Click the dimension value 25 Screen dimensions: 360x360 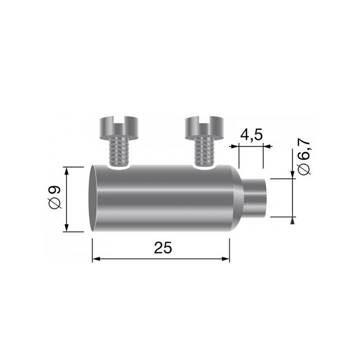[x=163, y=247]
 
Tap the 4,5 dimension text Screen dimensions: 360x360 [x=250, y=135]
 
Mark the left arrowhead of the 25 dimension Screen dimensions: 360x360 [x=95, y=259]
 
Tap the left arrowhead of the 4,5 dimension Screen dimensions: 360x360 [x=233, y=146]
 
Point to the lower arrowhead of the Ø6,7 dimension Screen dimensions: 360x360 [x=293, y=220]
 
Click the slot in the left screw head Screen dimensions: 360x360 [x=118, y=120]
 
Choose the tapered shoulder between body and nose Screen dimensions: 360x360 [x=238, y=198]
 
